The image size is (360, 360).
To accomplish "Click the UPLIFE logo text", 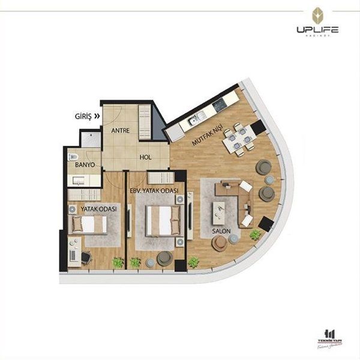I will pyautogui.click(x=317, y=29).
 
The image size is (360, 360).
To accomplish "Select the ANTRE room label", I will pyautogui.click(x=122, y=130).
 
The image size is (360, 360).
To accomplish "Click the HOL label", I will pyautogui.click(x=145, y=157).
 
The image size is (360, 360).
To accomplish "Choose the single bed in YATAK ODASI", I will pyautogui.click(x=89, y=224).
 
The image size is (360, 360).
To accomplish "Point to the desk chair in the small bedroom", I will pyautogui.click(x=86, y=257).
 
